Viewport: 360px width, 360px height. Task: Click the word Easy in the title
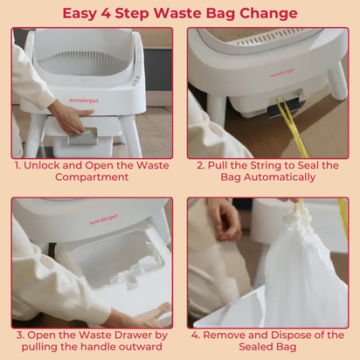point(80,14)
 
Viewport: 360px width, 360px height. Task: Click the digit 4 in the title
point(106,13)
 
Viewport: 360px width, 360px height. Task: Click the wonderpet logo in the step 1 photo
point(84,100)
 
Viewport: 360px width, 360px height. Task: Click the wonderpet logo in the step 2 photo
point(282,73)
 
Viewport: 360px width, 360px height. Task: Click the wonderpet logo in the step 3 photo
point(104,219)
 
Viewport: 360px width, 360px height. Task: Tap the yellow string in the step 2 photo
point(291,126)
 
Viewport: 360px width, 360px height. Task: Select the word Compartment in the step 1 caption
point(92,177)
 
